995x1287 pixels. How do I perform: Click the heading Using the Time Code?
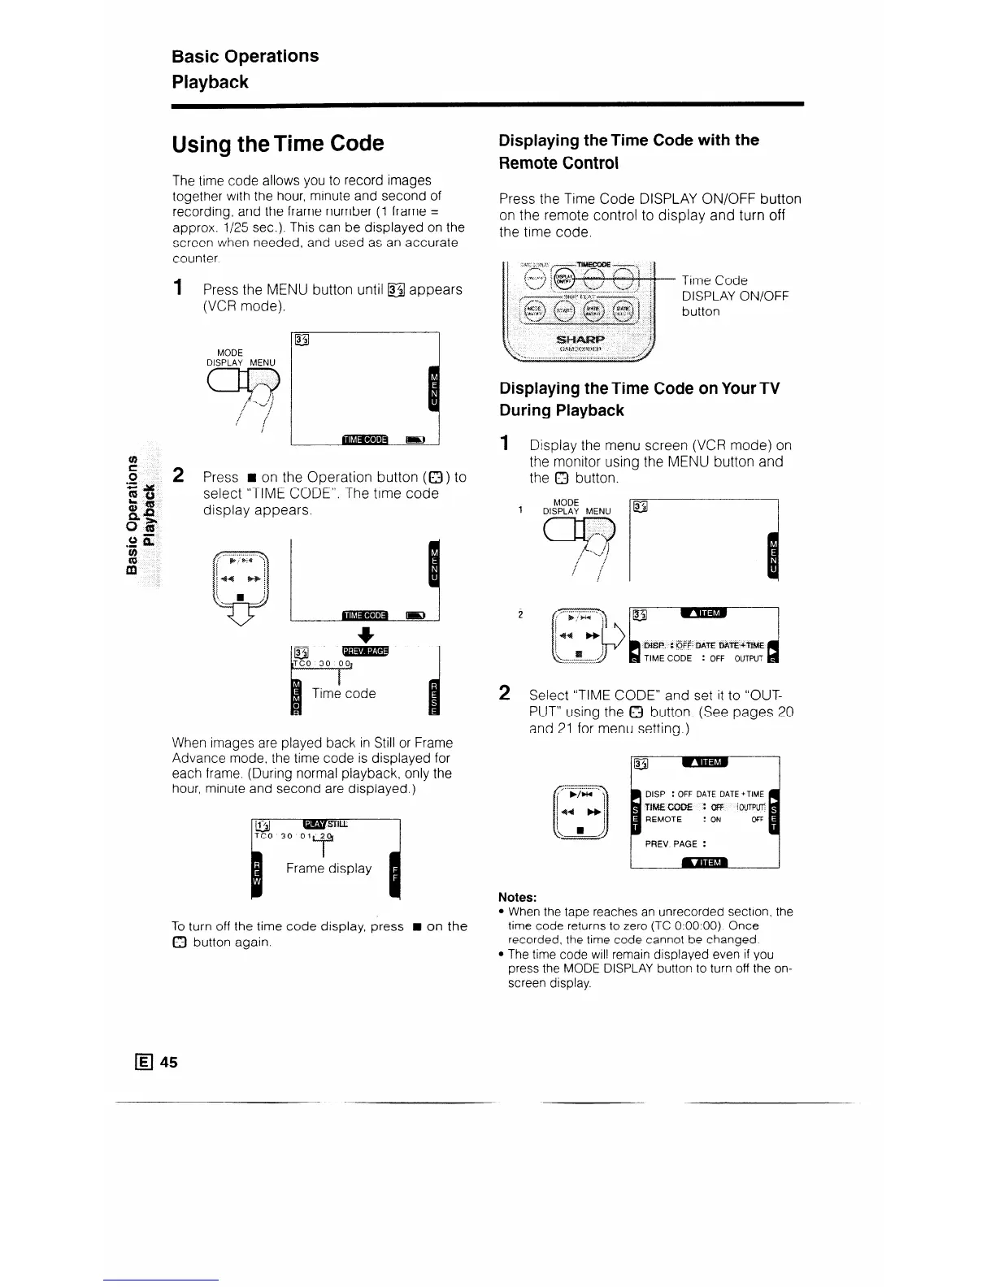(277, 144)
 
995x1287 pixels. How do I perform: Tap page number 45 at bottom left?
(169, 1062)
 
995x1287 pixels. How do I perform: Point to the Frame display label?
(328, 869)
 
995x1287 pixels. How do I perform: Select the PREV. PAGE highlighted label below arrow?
(366, 651)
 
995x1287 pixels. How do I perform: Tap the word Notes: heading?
(517, 897)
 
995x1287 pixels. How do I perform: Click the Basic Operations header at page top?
(245, 56)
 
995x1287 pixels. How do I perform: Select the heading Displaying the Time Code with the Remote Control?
(628, 151)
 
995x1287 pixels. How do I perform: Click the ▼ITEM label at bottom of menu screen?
(704, 862)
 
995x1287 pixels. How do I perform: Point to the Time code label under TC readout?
(344, 693)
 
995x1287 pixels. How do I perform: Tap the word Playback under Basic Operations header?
(210, 82)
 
